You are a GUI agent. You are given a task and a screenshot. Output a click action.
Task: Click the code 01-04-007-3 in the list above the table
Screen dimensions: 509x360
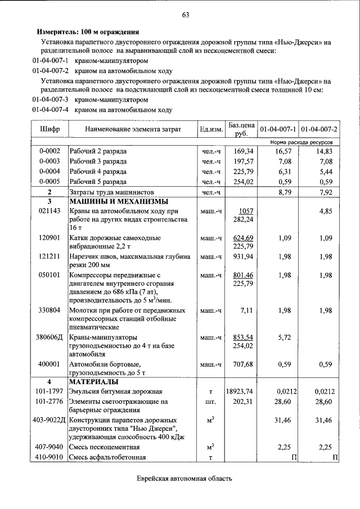(x=50, y=100)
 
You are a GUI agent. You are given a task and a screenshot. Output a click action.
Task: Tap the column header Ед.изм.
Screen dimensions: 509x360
(x=211, y=129)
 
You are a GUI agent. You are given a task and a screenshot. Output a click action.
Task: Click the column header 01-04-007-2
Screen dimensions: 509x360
(x=319, y=129)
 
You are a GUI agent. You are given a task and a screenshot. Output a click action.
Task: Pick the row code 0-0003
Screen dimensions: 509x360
(x=49, y=161)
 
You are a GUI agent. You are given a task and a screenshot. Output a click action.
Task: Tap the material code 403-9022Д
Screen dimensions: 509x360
(x=49, y=420)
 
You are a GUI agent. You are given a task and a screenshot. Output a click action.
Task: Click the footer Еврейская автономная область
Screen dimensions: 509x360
(x=184, y=479)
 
